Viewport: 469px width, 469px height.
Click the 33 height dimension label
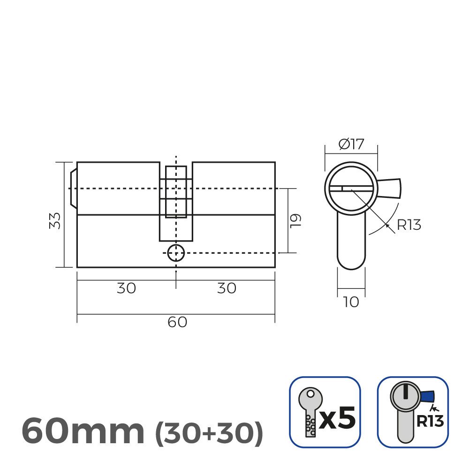(55, 220)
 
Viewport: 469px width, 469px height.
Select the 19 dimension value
(295, 220)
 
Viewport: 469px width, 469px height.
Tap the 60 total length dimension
(177, 323)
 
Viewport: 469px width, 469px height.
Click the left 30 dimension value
(126, 288)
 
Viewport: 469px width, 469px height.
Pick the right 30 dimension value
(227, 288)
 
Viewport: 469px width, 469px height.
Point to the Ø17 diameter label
(351, 144)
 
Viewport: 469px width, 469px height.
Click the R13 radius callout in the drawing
(409, 225)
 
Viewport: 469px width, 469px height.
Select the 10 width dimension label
(351, 303)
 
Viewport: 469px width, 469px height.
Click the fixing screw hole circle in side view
(176, 253)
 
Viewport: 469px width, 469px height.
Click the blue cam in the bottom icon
(428, 397)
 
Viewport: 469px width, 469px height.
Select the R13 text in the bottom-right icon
(430, 421)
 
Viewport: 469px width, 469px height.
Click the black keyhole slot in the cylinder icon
(405, 391)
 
